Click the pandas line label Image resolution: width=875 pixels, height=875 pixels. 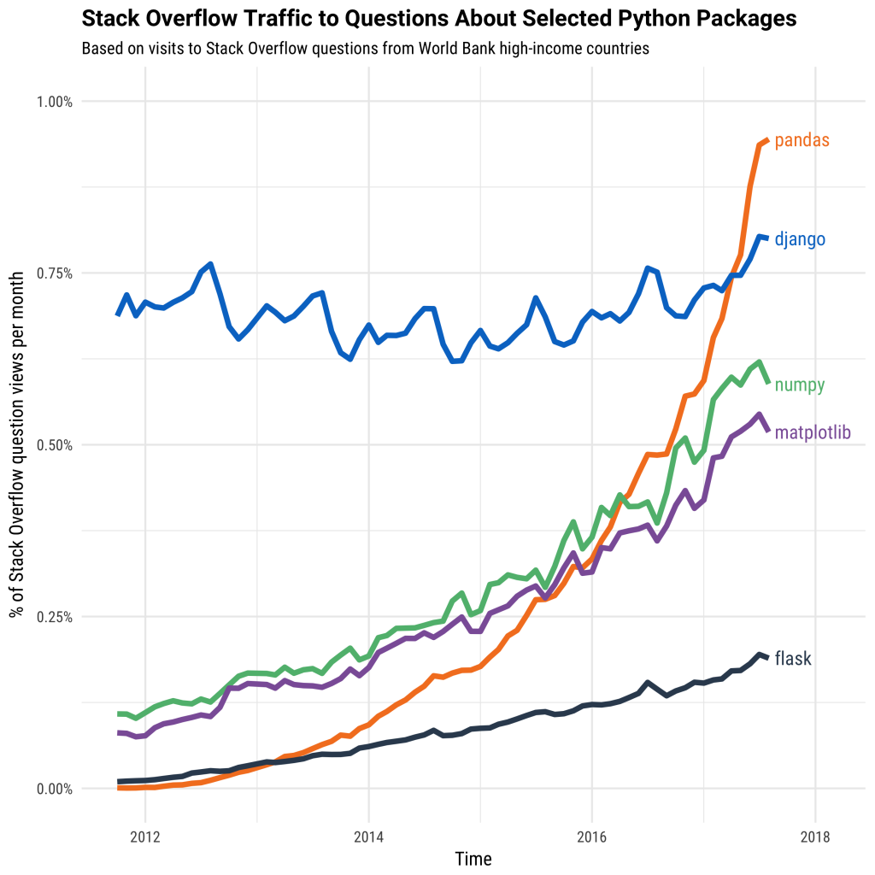tap(802, 140)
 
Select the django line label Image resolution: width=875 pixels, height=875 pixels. tap(800, 239)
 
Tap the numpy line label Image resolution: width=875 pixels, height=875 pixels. tap(799, 385)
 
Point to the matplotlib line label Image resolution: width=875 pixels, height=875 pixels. tap(812, 433)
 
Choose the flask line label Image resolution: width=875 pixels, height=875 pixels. tap(792, 659)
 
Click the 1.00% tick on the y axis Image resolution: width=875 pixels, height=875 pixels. tap(54, 102)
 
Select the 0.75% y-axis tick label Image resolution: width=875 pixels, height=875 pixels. tap(54, 273)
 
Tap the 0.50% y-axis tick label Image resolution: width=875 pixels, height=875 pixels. tap(54, 445)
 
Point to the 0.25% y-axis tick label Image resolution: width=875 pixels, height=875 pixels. tap(54, 617)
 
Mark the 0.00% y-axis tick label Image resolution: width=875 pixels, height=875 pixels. tap(54, 789)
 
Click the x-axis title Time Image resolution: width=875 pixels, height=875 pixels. tap(473, 858)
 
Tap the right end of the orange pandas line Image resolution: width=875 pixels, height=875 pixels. tap(768, 140)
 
